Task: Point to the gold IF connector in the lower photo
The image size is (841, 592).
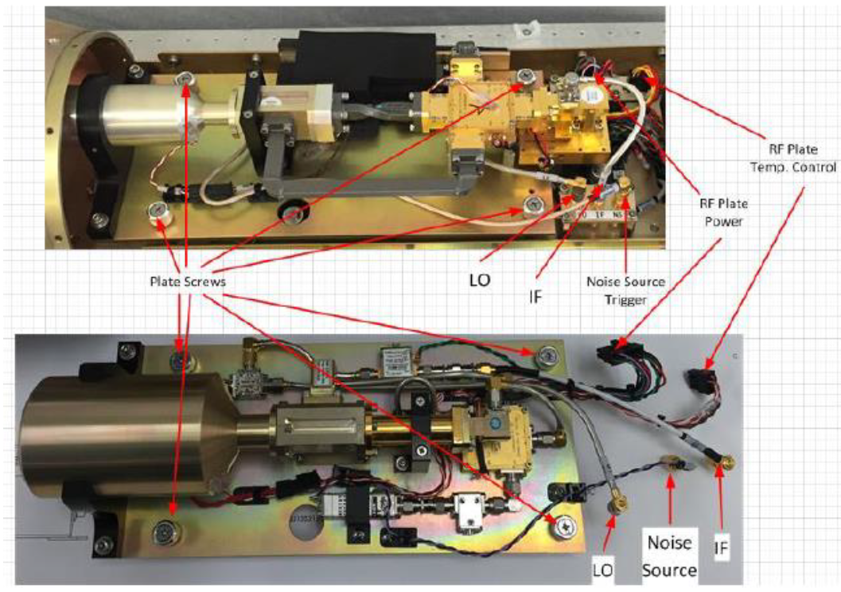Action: [726, 462]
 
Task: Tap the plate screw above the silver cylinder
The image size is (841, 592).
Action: [186, 80]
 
